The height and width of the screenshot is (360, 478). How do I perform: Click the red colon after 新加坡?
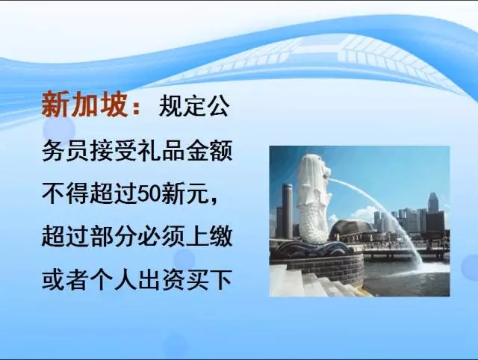(x=136, y=108)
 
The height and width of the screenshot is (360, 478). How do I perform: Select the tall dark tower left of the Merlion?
(x=287, y=211)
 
